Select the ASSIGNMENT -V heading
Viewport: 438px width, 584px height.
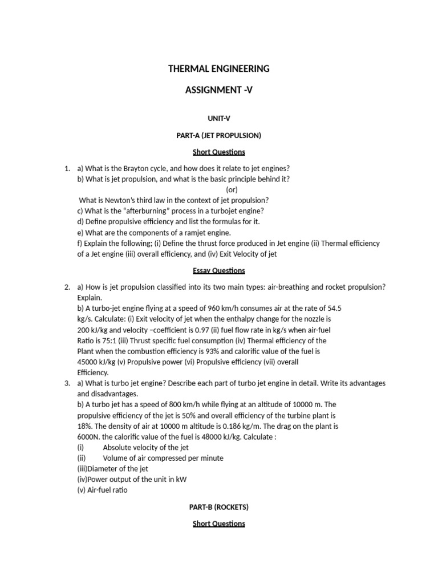pos(218,90)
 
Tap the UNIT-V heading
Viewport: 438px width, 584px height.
pos(218,118)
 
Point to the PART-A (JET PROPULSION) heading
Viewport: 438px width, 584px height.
pos(218,135)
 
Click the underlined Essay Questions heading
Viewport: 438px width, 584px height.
pos(218,270)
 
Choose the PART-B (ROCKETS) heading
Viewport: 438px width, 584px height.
pos(218,506)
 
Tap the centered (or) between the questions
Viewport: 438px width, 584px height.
pos(232,189)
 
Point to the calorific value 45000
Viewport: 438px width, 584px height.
pos(90,362)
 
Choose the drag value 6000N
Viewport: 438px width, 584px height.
pos(88,437)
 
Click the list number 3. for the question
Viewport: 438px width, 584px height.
pos(67,383)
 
